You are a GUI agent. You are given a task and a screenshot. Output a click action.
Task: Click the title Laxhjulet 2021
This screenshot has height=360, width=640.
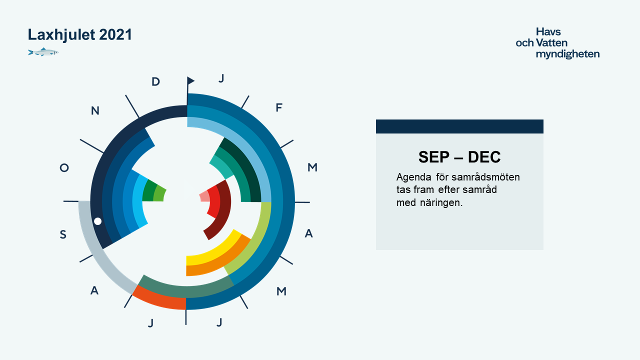(x=79, y=35)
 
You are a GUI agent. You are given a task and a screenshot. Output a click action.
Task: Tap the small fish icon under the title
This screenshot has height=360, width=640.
(x=43, y=52)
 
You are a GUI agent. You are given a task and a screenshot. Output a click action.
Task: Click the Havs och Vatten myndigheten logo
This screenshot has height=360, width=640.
(x=557, y=43)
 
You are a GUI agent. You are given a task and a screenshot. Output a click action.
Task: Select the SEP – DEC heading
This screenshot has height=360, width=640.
(x=459, y=157)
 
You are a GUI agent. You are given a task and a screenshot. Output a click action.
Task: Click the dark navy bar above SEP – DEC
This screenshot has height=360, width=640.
(x=459, y=126)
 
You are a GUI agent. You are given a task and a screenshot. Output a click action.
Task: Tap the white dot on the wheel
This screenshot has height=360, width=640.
(x=97, y=221)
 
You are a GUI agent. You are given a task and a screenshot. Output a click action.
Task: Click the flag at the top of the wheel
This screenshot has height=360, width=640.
(x=190, y=81)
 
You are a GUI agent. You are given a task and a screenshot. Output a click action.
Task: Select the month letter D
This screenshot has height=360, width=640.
(x=155, y=81)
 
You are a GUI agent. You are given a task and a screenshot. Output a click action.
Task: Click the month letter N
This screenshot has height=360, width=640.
(x=95, y=110)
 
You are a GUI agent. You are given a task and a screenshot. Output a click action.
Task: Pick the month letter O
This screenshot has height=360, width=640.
(x=64, y=167)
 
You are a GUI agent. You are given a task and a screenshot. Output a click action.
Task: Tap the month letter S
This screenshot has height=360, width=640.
(x=63, y=234)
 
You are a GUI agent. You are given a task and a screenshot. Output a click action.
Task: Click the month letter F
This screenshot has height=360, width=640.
(x=279, y=107)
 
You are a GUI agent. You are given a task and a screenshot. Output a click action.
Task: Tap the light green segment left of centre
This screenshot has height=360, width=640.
(x=159, y=194)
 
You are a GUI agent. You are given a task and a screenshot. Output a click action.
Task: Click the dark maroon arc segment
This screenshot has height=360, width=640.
(x=221, y=211)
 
